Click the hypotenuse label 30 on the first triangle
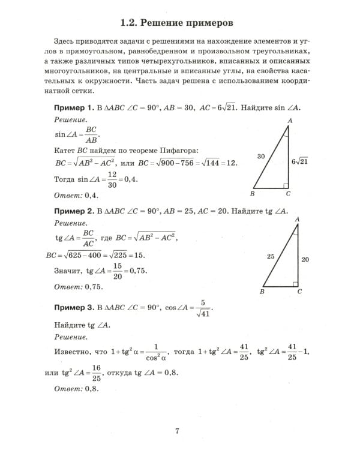point(261,156)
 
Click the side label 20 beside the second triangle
point(305,260)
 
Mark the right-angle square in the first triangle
point(287,187)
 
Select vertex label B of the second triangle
point(262,292)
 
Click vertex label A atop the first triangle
point(290,121)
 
